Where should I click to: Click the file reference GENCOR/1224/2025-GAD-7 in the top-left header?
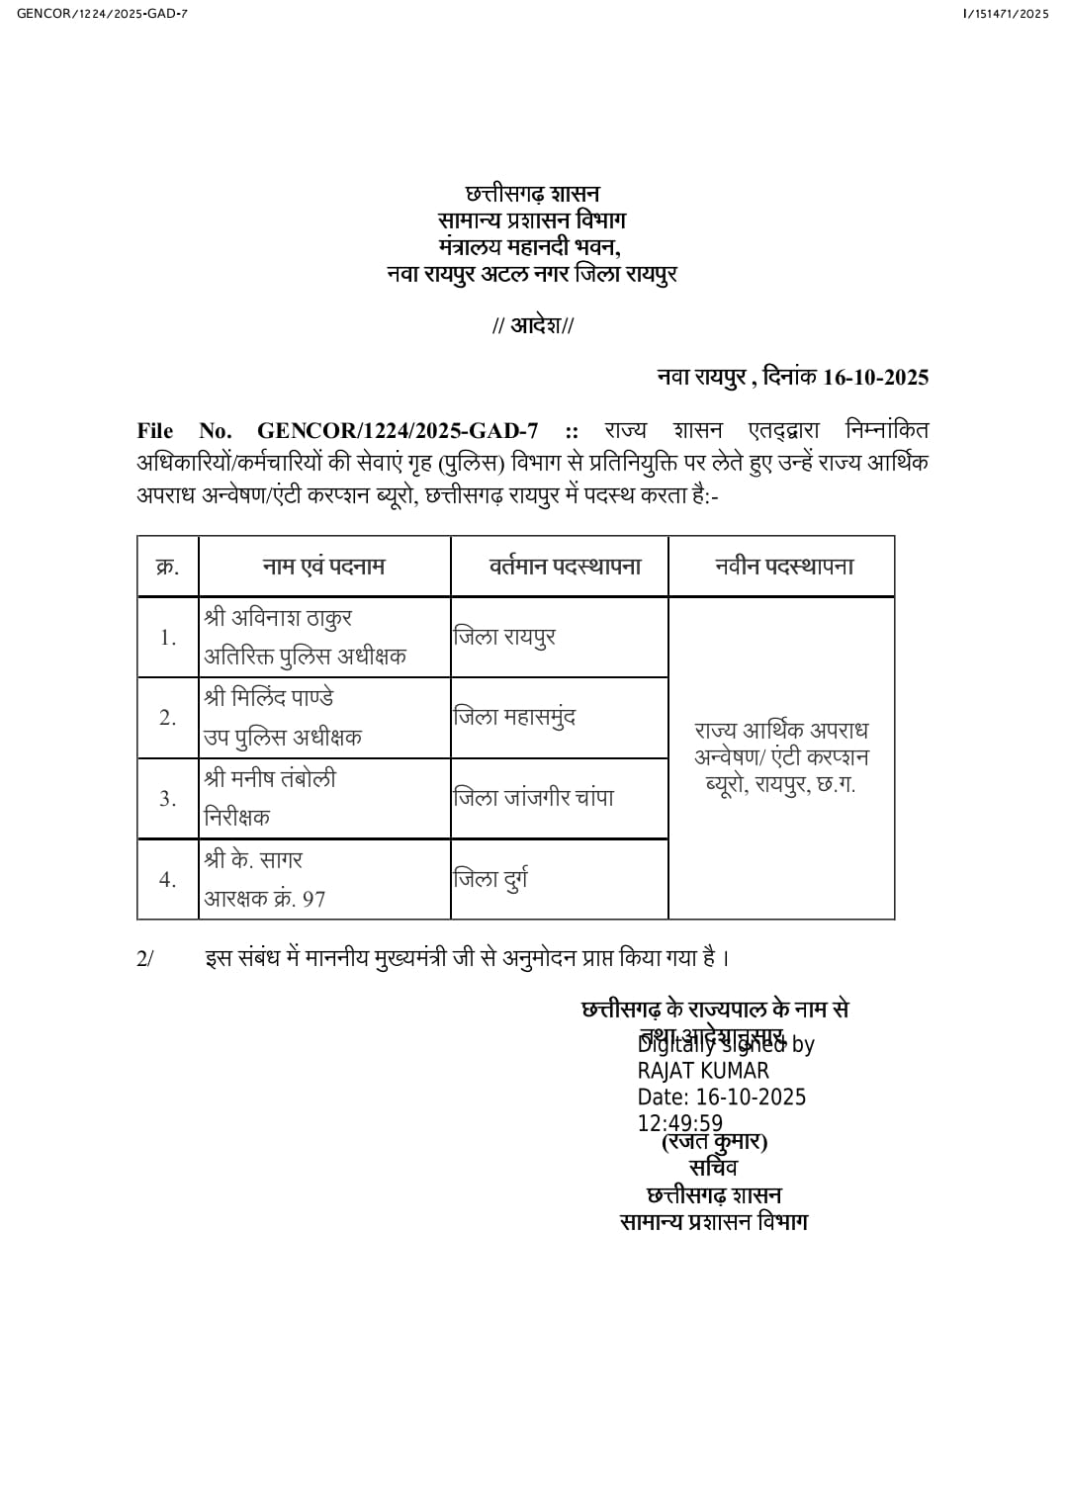(x=102, y=13)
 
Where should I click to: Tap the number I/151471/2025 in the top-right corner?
(x=1005, y=13)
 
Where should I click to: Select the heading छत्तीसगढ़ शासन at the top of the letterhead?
(x=532, y=194)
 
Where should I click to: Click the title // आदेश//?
(x=533, y=325)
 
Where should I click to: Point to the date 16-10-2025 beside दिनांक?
(x=876, y=377)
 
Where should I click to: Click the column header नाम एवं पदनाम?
(x=323, y=567)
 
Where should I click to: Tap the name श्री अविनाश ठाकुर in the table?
(x=278, y=618)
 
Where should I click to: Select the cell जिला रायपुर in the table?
(x=504, y=637)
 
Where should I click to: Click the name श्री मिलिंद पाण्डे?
(x=269, y=698)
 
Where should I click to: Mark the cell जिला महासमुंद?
(x=514, y=717)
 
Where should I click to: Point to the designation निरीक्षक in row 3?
(x=236, y=818)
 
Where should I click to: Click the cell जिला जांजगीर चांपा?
(x=533, y=798)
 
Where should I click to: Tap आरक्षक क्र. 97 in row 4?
(x=265, y=899)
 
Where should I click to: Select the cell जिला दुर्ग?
(x=490, y=878)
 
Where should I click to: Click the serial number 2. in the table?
(x=168, y=718)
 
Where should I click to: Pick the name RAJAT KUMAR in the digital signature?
(x=703, y=1071)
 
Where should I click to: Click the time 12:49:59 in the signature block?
(x=680, y=1123)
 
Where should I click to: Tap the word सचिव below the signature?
(x=713, y=1168)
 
